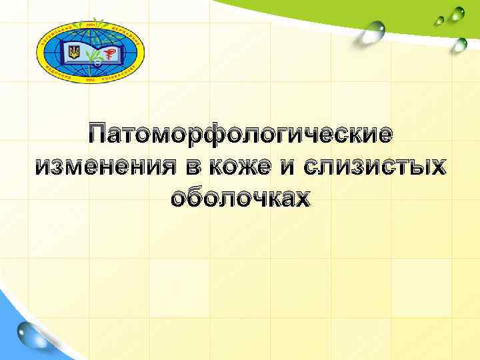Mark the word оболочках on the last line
coord(240,198)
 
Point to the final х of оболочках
coord(302,198)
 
